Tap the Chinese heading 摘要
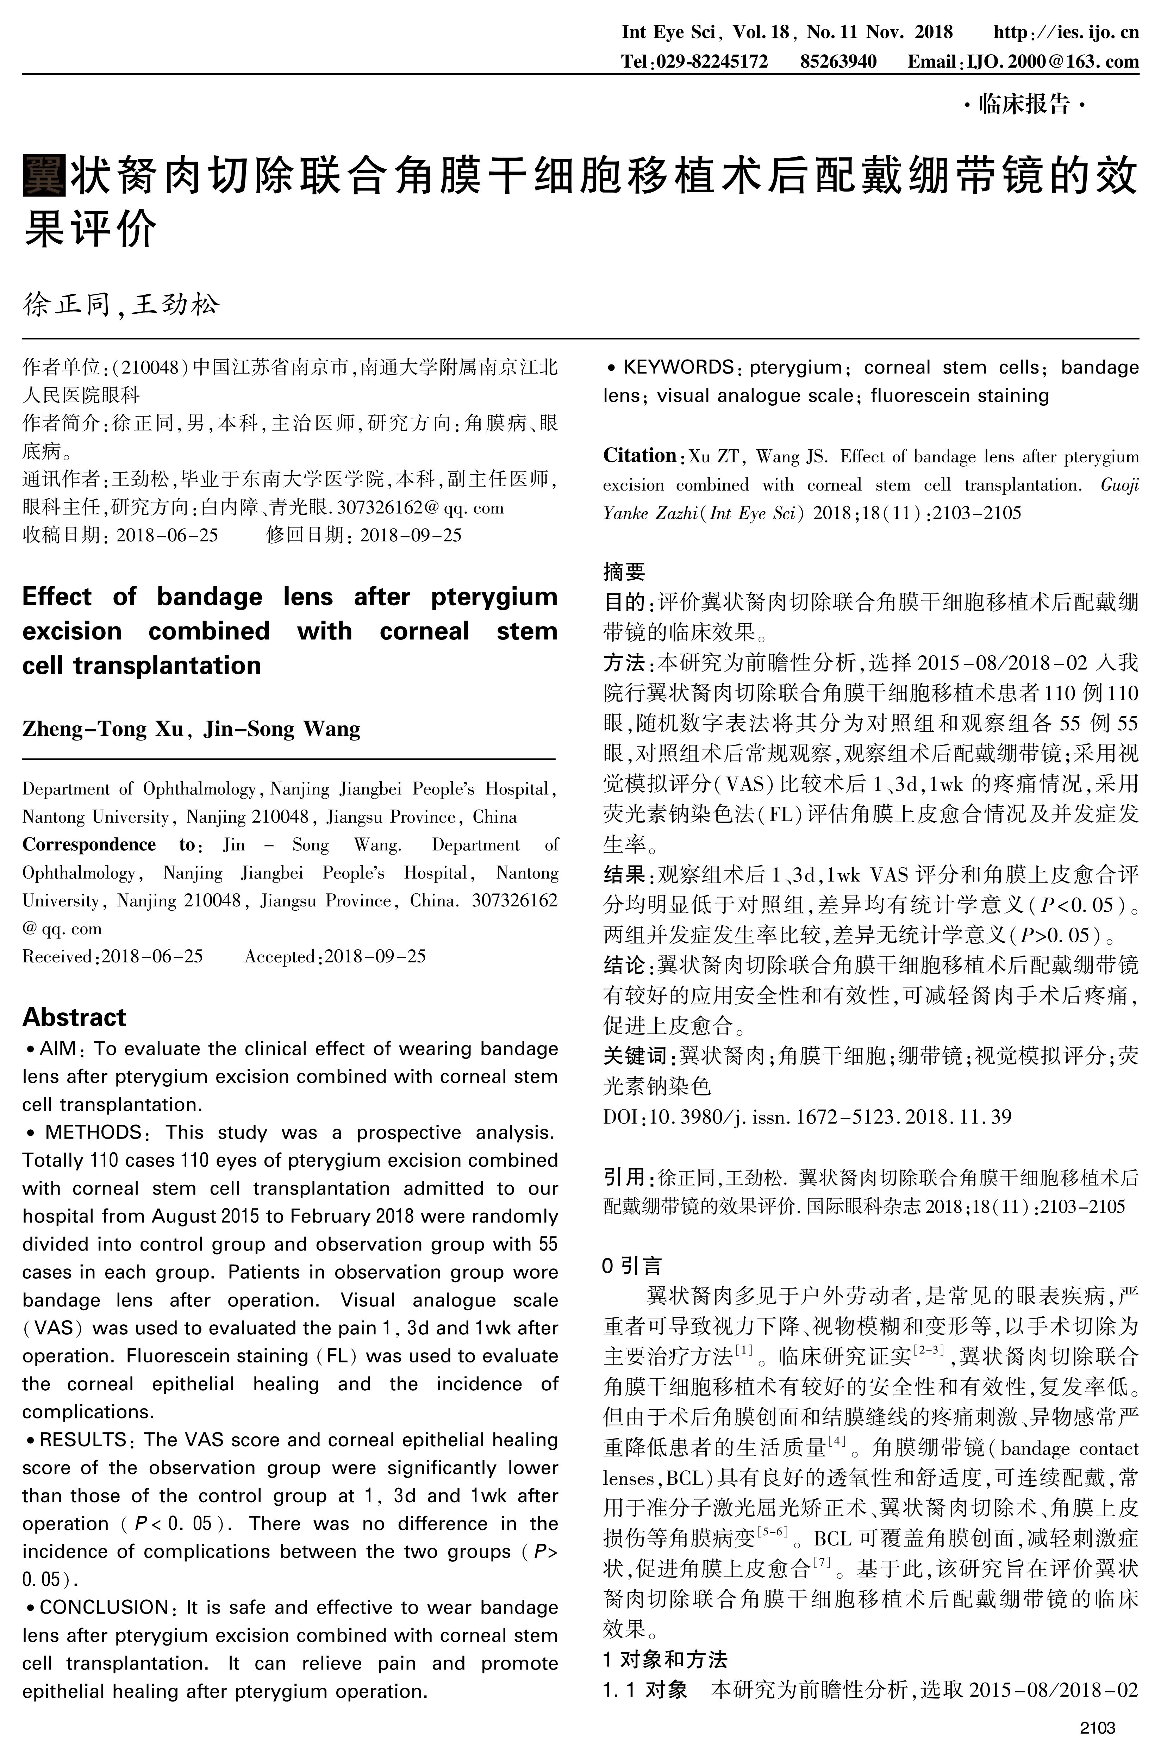tap(624, 571)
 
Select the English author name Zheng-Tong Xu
tap(102, 729)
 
